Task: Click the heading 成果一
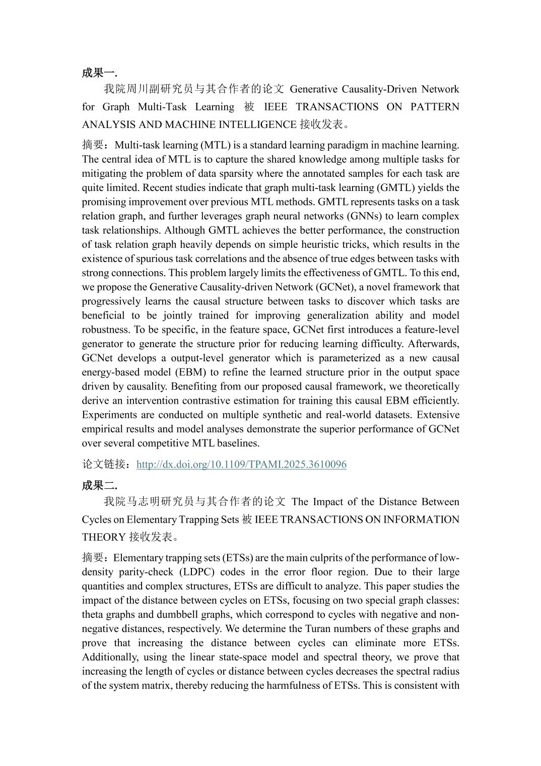pyautogui.click(x=99, y=73)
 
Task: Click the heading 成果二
pyautogui.click(x=99, y=486)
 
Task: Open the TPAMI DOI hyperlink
pyautogui.click(x=241, y=465)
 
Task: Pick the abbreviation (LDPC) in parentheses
pyautogui.click(x=196, y=572)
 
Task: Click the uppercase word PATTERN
pyautogui.click(x=435, y=107)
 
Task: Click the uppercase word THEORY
pyautogui.click(x=103, y=537)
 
